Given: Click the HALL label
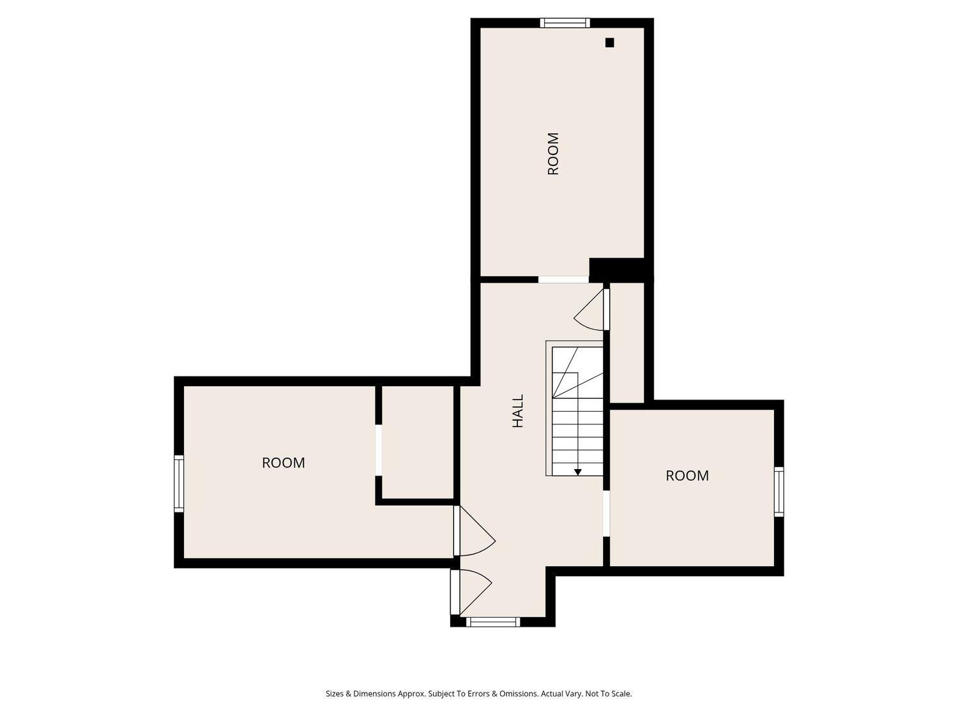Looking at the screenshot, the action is click(x=517, y=410).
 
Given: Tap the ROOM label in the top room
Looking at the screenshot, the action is click(x=553, y=154).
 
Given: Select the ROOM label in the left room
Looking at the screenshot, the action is click(x=284, y=463).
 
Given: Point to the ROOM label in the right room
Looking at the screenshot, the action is click(x=687, y=475).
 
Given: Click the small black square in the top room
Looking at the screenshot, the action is click(x=610, y=43).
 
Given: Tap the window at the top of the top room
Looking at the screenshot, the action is click(x=565, y=23).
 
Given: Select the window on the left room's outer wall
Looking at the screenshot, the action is click(x=179, y=484).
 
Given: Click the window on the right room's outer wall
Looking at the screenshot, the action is click(x=779, y=491).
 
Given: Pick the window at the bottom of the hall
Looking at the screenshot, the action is click(x=493, y=622).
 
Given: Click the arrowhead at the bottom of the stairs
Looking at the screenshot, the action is click(x=578, y=472).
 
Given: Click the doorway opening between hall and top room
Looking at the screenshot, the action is click(x=563, y=280).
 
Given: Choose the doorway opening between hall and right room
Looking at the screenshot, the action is click(x=606, y=514).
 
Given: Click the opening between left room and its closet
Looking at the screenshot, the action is click(x=378, y=450).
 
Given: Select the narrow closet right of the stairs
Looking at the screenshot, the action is click(x=627, y=343).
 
